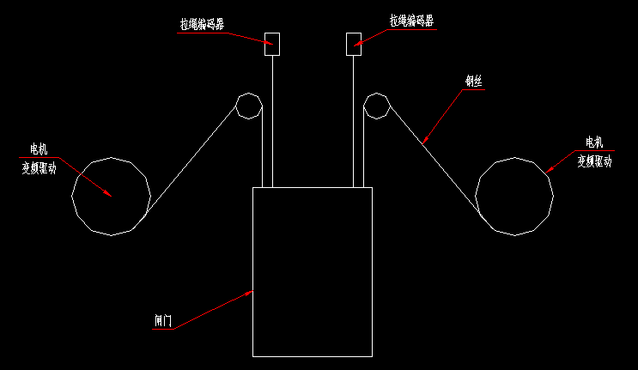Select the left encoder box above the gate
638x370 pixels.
(271, 44)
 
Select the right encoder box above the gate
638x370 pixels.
(353, 44)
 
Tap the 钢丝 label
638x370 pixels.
(474, 82)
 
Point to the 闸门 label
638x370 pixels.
(162, 321)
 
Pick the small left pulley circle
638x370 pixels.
(248, 106)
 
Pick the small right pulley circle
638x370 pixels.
(376, 106)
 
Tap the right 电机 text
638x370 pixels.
(594, 143)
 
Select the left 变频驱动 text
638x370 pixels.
(39, 169)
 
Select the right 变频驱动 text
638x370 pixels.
(594, 161)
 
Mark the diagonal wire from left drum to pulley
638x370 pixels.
(191, 163)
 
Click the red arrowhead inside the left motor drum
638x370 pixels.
(108, 193)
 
